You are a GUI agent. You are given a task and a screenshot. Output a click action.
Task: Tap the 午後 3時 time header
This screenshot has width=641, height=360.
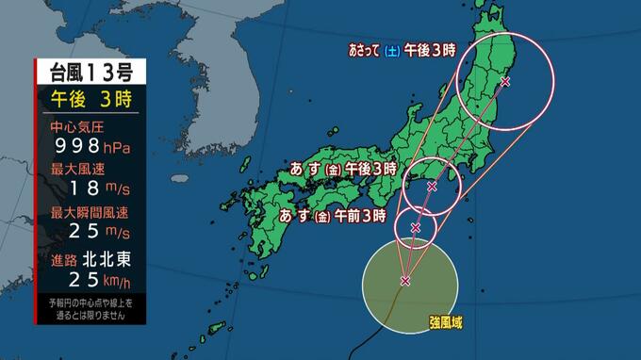coord(90,98)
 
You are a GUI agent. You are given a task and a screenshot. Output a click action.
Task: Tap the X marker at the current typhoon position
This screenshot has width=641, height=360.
coord(405,280)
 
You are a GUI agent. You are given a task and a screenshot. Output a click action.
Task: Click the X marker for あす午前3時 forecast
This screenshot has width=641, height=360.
coord(416,227)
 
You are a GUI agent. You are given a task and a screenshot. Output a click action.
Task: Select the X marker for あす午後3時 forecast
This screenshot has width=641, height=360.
coord(432,187)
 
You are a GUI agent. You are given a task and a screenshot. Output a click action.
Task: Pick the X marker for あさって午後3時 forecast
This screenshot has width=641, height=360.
coord(505,82)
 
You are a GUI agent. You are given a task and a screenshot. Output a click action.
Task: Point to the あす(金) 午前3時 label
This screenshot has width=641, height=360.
coord(333,215)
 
